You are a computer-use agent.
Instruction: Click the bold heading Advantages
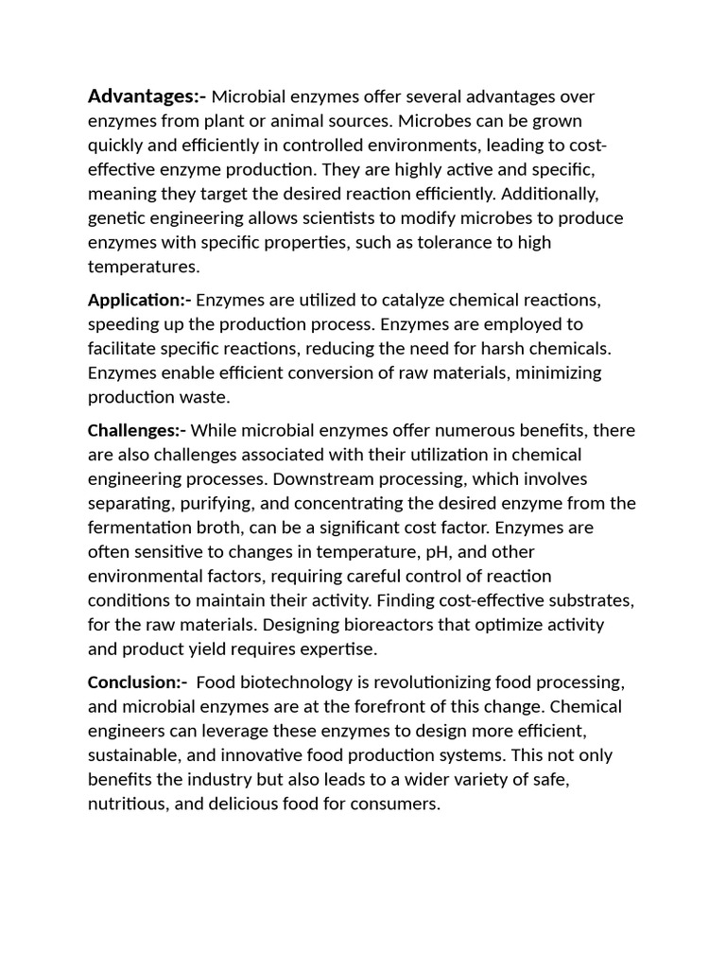point(146,96)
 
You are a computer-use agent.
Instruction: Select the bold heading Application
point(139,301)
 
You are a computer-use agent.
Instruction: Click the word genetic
point(116,218)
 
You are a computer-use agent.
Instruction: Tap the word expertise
point(338,649)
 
